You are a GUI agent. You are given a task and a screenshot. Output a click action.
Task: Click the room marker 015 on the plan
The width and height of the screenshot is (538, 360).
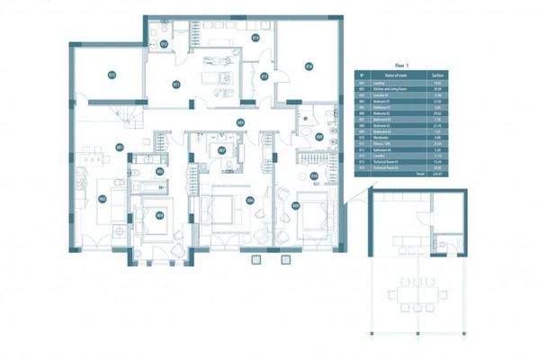click(112, 74)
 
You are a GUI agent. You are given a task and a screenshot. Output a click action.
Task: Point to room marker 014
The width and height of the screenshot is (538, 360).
click(256, 38)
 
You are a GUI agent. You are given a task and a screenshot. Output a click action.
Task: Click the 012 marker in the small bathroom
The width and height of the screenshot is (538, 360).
click(163, 42)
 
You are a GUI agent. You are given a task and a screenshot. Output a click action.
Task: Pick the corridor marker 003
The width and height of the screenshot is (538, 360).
click(240, 122)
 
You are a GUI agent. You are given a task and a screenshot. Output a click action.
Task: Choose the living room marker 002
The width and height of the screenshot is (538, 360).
click(102, 199)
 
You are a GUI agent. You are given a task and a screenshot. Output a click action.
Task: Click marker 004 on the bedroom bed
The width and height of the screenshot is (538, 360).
click(159, 214)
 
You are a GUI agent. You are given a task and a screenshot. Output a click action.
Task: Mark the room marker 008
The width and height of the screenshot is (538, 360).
click(296, 204)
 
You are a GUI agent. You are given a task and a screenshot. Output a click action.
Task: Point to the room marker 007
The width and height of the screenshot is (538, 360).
click(221, 149)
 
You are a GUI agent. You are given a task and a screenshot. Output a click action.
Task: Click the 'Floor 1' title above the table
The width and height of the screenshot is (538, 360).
click(400, 66)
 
